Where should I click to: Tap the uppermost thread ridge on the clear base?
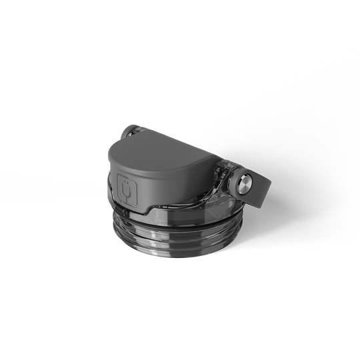(180, 215)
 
